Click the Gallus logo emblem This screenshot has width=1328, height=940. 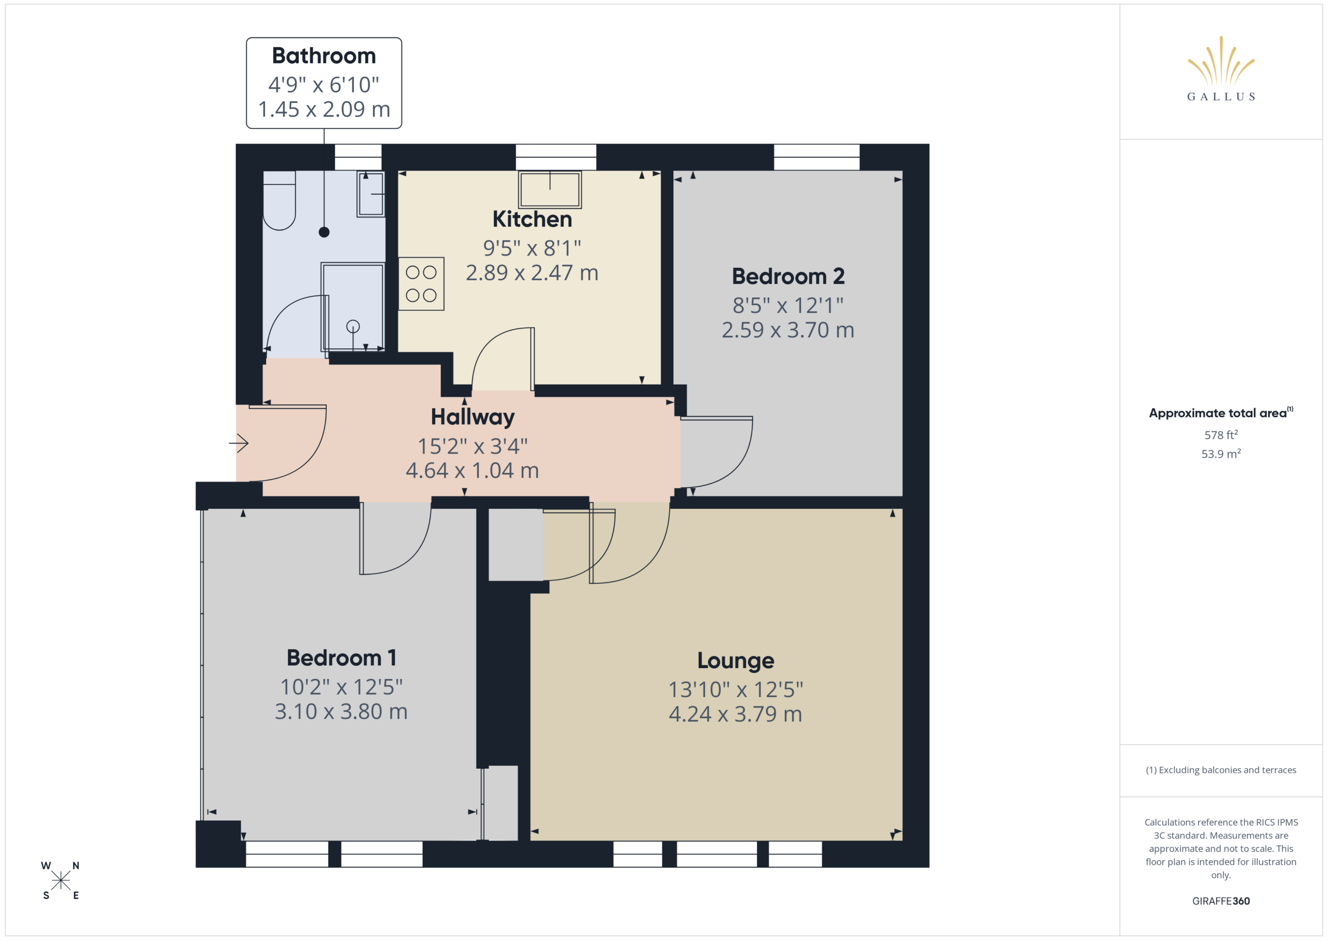point(1221,60)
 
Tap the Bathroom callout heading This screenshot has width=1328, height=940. point(324,56)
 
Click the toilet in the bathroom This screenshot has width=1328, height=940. point(280,200)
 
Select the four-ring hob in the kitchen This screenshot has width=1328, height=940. point(421,283)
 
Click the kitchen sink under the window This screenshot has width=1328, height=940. point(549,189)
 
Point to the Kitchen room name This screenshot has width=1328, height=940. point(532,220)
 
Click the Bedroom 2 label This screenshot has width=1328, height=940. point(788,276)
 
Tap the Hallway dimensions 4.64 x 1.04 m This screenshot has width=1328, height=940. point(472,471)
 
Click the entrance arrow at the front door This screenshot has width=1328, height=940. point(239,443)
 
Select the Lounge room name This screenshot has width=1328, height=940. point(735,660)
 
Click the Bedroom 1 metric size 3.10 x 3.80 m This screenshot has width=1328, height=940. point(341,712)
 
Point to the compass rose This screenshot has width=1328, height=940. point(60,880)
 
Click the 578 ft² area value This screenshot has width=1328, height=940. point(1221,434)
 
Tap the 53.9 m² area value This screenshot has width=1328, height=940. point(1221,454)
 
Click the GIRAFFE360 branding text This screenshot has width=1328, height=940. point(1221,901)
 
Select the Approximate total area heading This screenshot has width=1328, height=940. point(1221,413)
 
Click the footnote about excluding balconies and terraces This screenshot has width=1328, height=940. point(1221,770)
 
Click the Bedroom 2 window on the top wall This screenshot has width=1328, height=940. point(817,157)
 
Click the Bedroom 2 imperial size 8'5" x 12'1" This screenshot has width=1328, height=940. point(788,305)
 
